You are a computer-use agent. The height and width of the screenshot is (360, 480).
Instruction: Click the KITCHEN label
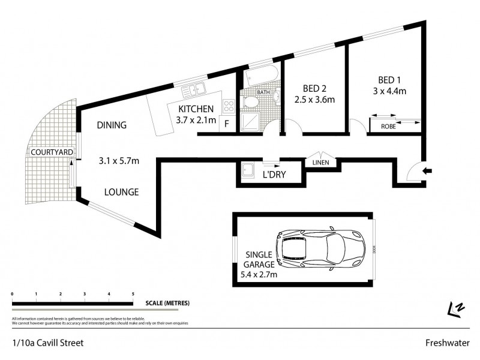coord(196,109)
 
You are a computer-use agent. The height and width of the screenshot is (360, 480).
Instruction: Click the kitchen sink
coord(195,91)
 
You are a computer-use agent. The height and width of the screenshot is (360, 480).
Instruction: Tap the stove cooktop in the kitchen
coord(229,107)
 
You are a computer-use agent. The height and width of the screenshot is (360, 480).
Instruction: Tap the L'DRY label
coord(273,175)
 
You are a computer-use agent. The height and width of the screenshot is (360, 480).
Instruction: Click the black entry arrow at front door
coord(427,171)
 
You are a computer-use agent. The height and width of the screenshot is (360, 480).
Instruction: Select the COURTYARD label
coord(52,152)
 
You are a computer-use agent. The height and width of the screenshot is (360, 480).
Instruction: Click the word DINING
coord(112,125)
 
